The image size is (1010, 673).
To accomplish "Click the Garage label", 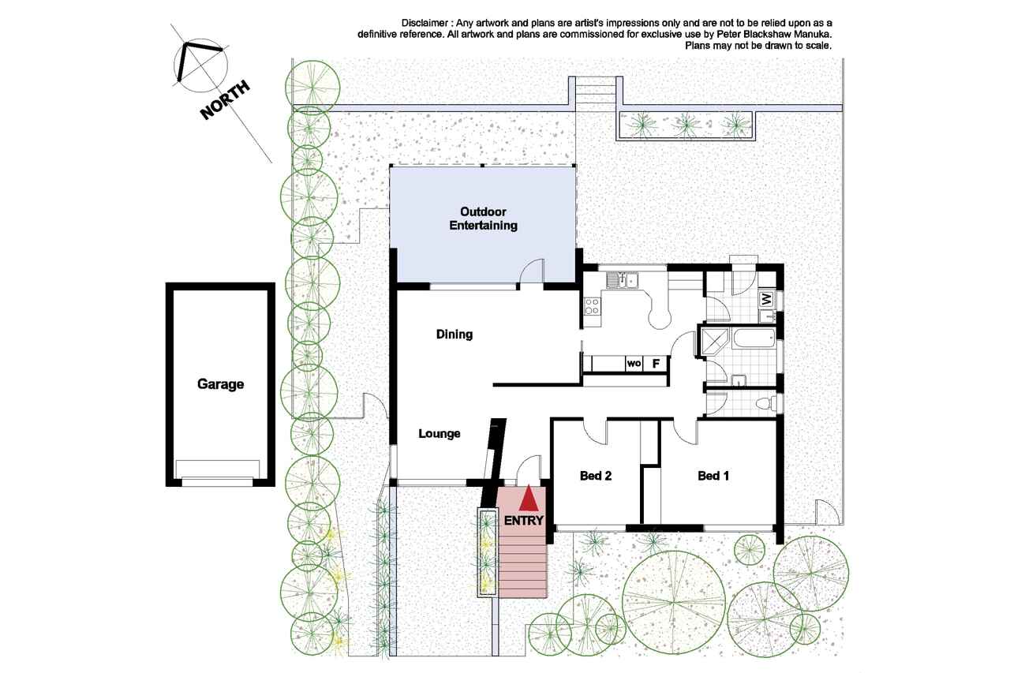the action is [x=220, y=384].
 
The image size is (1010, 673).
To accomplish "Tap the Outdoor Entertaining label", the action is [x=483, y=219].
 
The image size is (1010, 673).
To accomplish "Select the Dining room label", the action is [x=454, y=335].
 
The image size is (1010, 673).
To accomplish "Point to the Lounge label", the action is [x=440, y=434].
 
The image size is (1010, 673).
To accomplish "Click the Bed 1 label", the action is [x=713, y=476].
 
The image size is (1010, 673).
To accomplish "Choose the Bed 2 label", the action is [x=596, y=476].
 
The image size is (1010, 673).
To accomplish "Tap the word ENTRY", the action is [x=523, y=521].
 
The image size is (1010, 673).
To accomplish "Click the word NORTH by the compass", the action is [x=225, y=100].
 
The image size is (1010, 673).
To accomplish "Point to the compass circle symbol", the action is [x=200, y=65].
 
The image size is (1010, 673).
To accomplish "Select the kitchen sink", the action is [x=622, y=280].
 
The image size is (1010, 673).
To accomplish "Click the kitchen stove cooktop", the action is [x=592, y=306].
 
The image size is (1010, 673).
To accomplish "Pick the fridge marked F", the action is [x=656, y=363].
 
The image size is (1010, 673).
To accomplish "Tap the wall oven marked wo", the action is [x=634, y=363].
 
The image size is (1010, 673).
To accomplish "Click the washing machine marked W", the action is [x=767, y=298].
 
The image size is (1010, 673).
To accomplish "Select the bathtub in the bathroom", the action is [x=754, y=338].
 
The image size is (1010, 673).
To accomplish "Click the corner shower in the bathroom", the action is [x=714, y=342].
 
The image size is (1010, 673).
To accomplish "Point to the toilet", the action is [x=765, y=403].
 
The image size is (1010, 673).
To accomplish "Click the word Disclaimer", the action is [x=425, y=23].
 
